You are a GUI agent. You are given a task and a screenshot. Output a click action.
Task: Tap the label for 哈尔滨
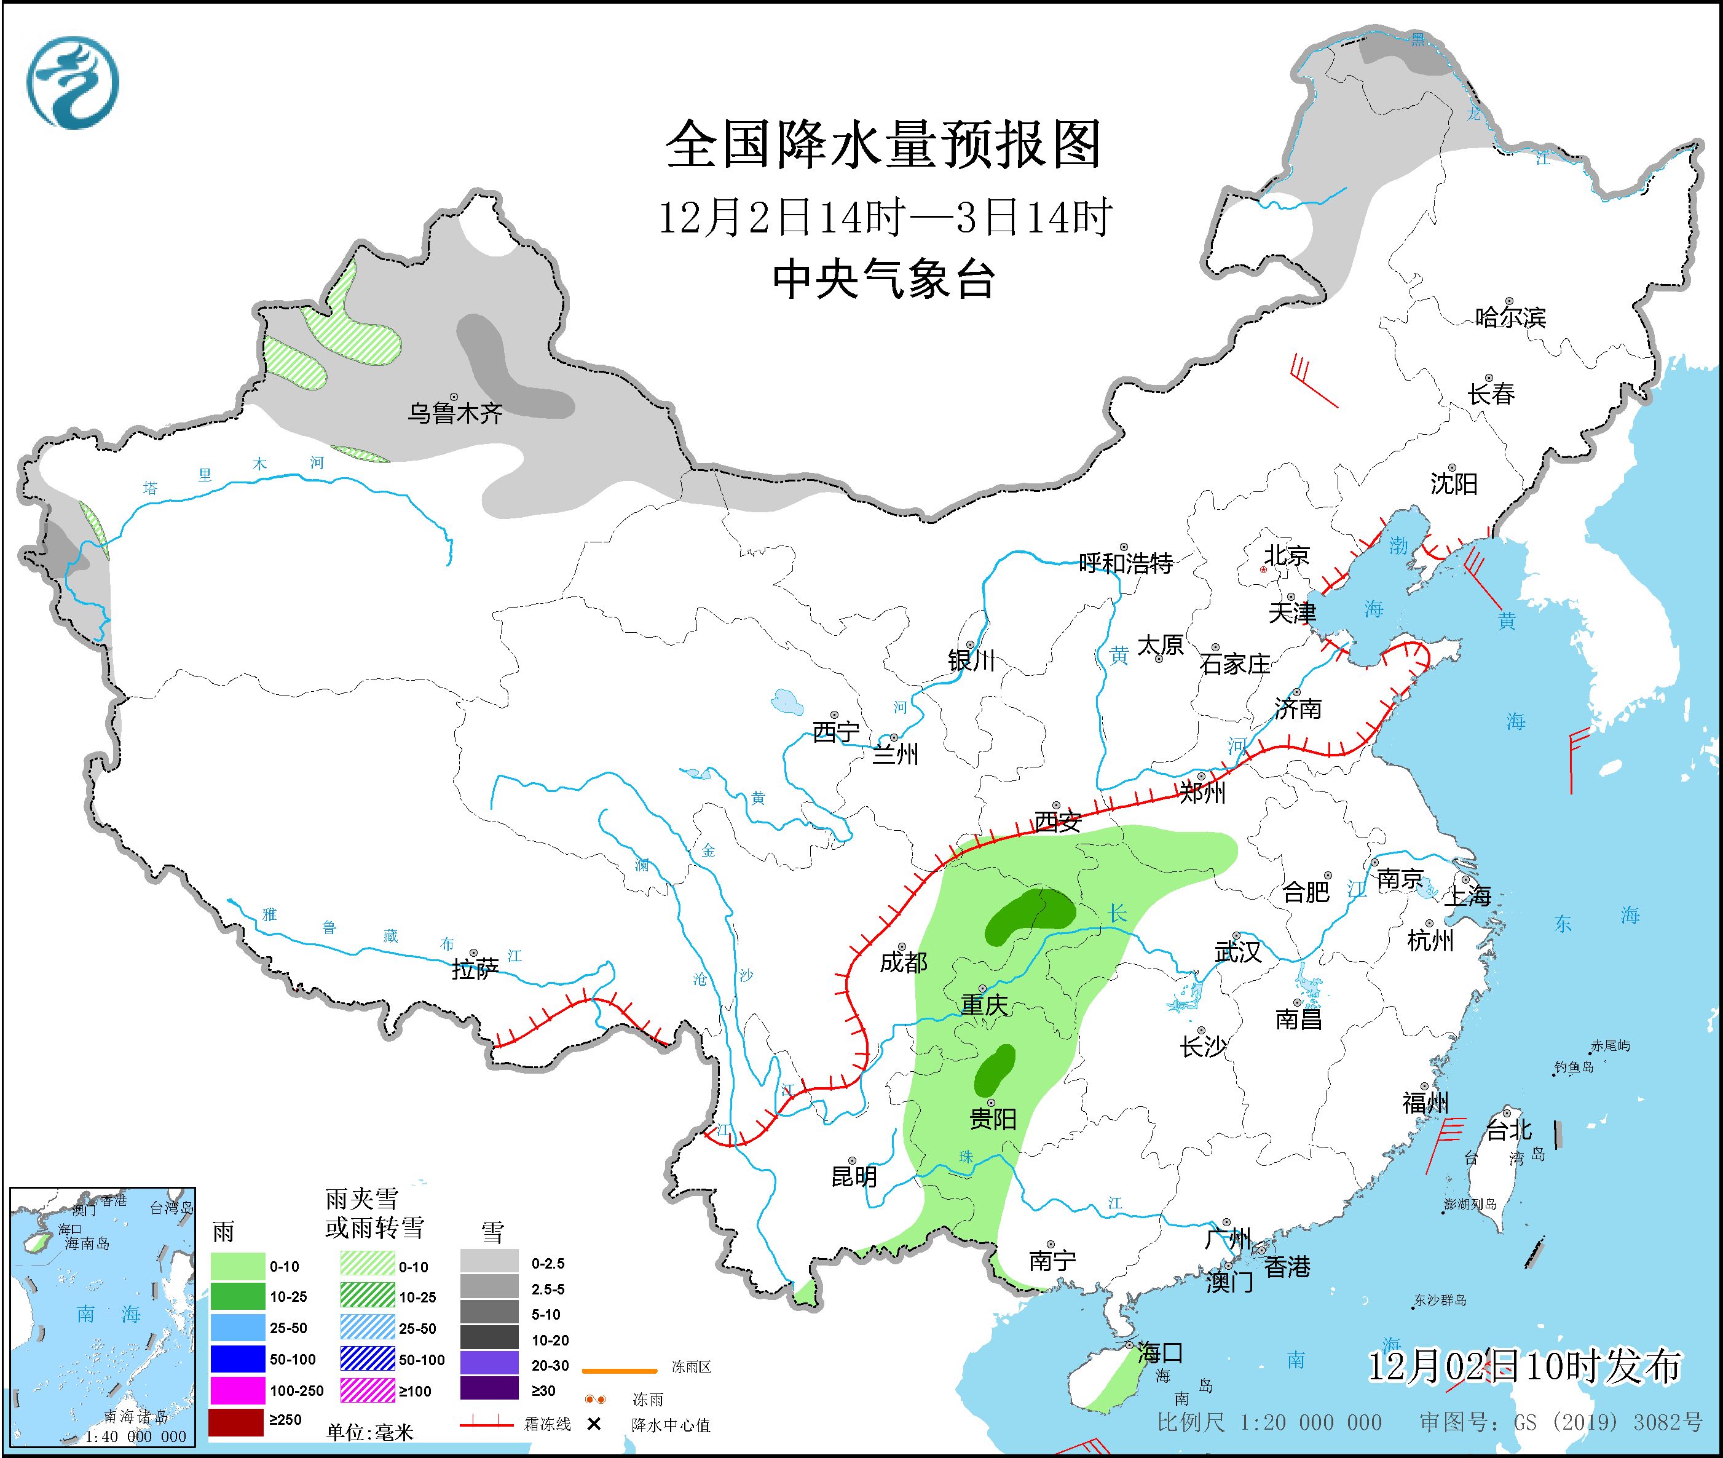(1510, 317)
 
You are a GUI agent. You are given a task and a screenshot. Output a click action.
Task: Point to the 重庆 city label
(984, 1004)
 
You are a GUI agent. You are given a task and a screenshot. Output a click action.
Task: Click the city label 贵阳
(993, 1119)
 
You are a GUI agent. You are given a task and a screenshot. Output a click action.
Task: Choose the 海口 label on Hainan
(1160, 1353)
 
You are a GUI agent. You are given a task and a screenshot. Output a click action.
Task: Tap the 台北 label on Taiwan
(1509, 1129)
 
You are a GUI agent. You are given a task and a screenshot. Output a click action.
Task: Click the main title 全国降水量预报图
(883, 145)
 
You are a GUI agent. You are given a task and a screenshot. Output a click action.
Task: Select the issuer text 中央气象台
(883, 279)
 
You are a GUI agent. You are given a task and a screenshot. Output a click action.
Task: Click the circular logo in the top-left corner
(73, 82)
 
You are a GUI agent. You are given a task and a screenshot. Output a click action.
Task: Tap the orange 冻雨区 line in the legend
(620, 1371)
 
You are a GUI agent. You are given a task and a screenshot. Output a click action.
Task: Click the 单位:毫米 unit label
(369, 1432)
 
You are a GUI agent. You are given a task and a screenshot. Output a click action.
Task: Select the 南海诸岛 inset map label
(135, 1417)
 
